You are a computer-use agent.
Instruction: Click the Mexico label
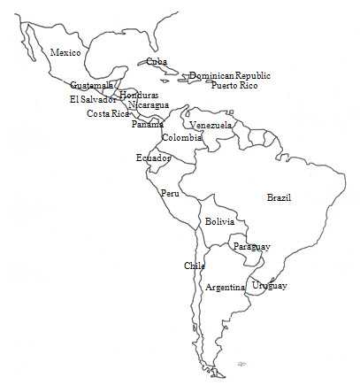click(x=65, y=53)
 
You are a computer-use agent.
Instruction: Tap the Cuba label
click(x=157, y=61)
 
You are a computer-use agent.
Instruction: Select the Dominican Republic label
click(x=230, y=76)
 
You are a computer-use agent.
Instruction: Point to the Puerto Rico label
click(x=235, y=86)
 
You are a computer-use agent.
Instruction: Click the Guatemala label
click(x=92, y=86)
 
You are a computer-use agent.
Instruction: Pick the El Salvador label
click(x=93, y=99)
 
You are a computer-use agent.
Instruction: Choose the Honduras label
click(x=139, y=95)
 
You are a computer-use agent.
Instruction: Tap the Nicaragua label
click(x=148, y=105)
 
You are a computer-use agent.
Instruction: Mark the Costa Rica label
click(x=108, y=113)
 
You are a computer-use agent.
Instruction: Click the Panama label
click(x=148, y=124)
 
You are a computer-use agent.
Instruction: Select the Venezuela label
click(x=211, y=126)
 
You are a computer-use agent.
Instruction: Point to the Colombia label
click(x=181, y=138)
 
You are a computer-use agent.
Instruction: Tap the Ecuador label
click(x=153, y=158)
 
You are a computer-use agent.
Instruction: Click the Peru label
click(x=170, y=193)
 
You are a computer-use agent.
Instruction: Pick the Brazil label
click(x=279, y=197)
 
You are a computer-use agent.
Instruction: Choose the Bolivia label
click(x=219, y=221)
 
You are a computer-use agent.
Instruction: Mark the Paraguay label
click(x=252, y=246)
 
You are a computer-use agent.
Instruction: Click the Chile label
click(x=195, y=266)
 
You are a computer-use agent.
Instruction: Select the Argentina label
click(x=225, y=288)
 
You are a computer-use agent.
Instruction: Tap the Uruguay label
click(x=269, y=286)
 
